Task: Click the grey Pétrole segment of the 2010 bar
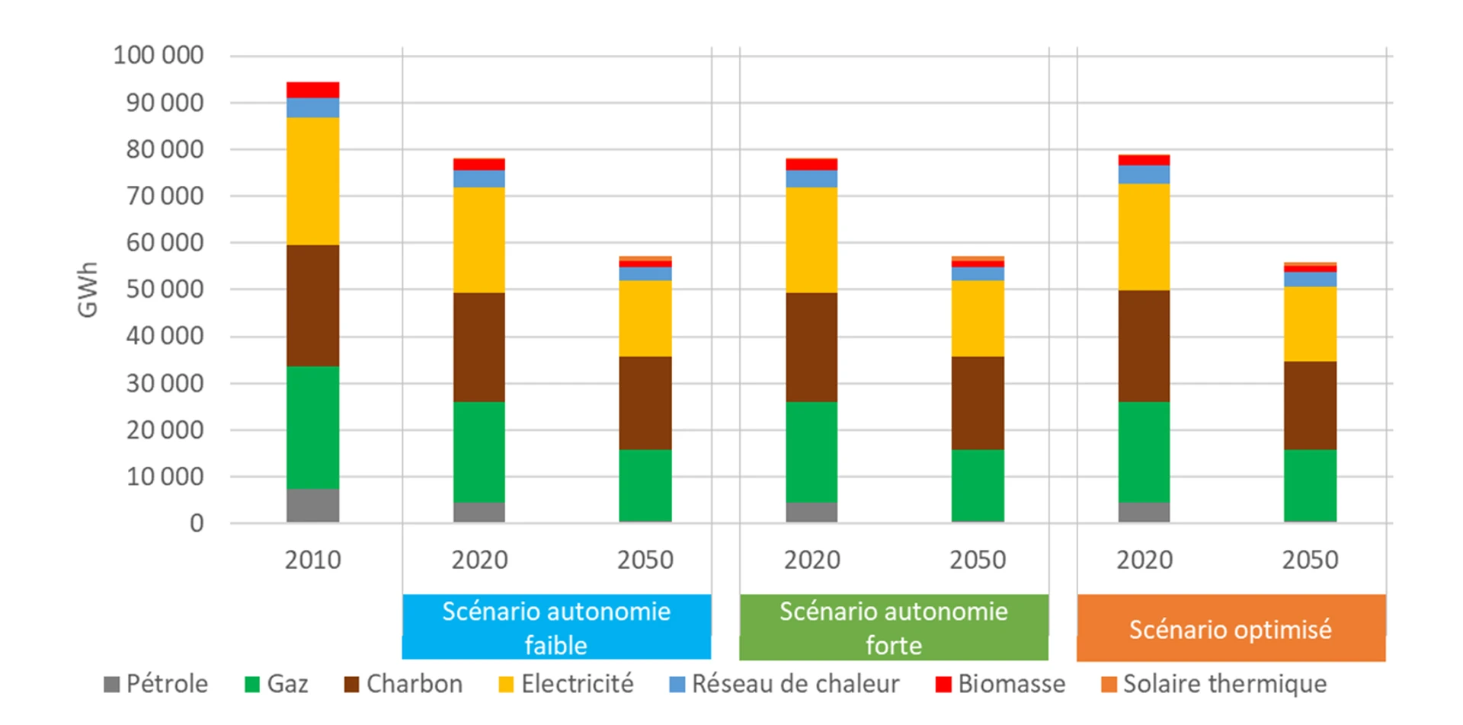coord(312,505)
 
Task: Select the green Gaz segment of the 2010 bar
coord(312,427)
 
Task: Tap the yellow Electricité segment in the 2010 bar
coord(312,181)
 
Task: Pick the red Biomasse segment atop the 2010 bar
coord(312,90)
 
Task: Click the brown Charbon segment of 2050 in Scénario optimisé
coord(1310,405)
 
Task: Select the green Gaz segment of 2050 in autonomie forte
coord(978,485)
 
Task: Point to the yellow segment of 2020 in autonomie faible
coord(479,240)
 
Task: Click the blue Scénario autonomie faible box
coord(556,627)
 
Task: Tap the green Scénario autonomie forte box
coord(894,627)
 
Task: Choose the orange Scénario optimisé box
coord(1231,628)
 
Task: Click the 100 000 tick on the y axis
coord(158,56)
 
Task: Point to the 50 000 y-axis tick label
coord(165,289)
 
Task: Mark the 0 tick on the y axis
coord(197,523)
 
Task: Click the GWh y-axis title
coord(88,289)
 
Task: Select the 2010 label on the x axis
coord(312,560)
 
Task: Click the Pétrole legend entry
coord(156,684)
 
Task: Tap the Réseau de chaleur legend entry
coord(785,684)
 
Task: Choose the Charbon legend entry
coord(404,684)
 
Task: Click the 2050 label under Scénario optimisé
coord(1310,560)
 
